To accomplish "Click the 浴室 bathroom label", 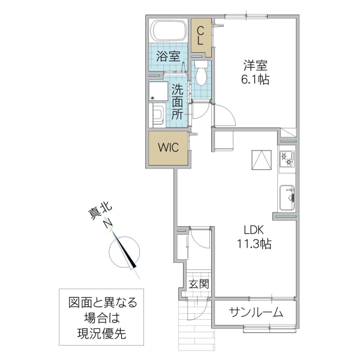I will tap(169, 58).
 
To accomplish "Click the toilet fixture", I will tap(201, 73).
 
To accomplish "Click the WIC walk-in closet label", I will tap(168, 148).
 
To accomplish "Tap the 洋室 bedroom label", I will tap(256, 64).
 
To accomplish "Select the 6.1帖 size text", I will tap(256, 79).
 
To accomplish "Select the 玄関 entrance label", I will tap(199, 284).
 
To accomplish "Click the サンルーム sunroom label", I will tap(255, 313).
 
